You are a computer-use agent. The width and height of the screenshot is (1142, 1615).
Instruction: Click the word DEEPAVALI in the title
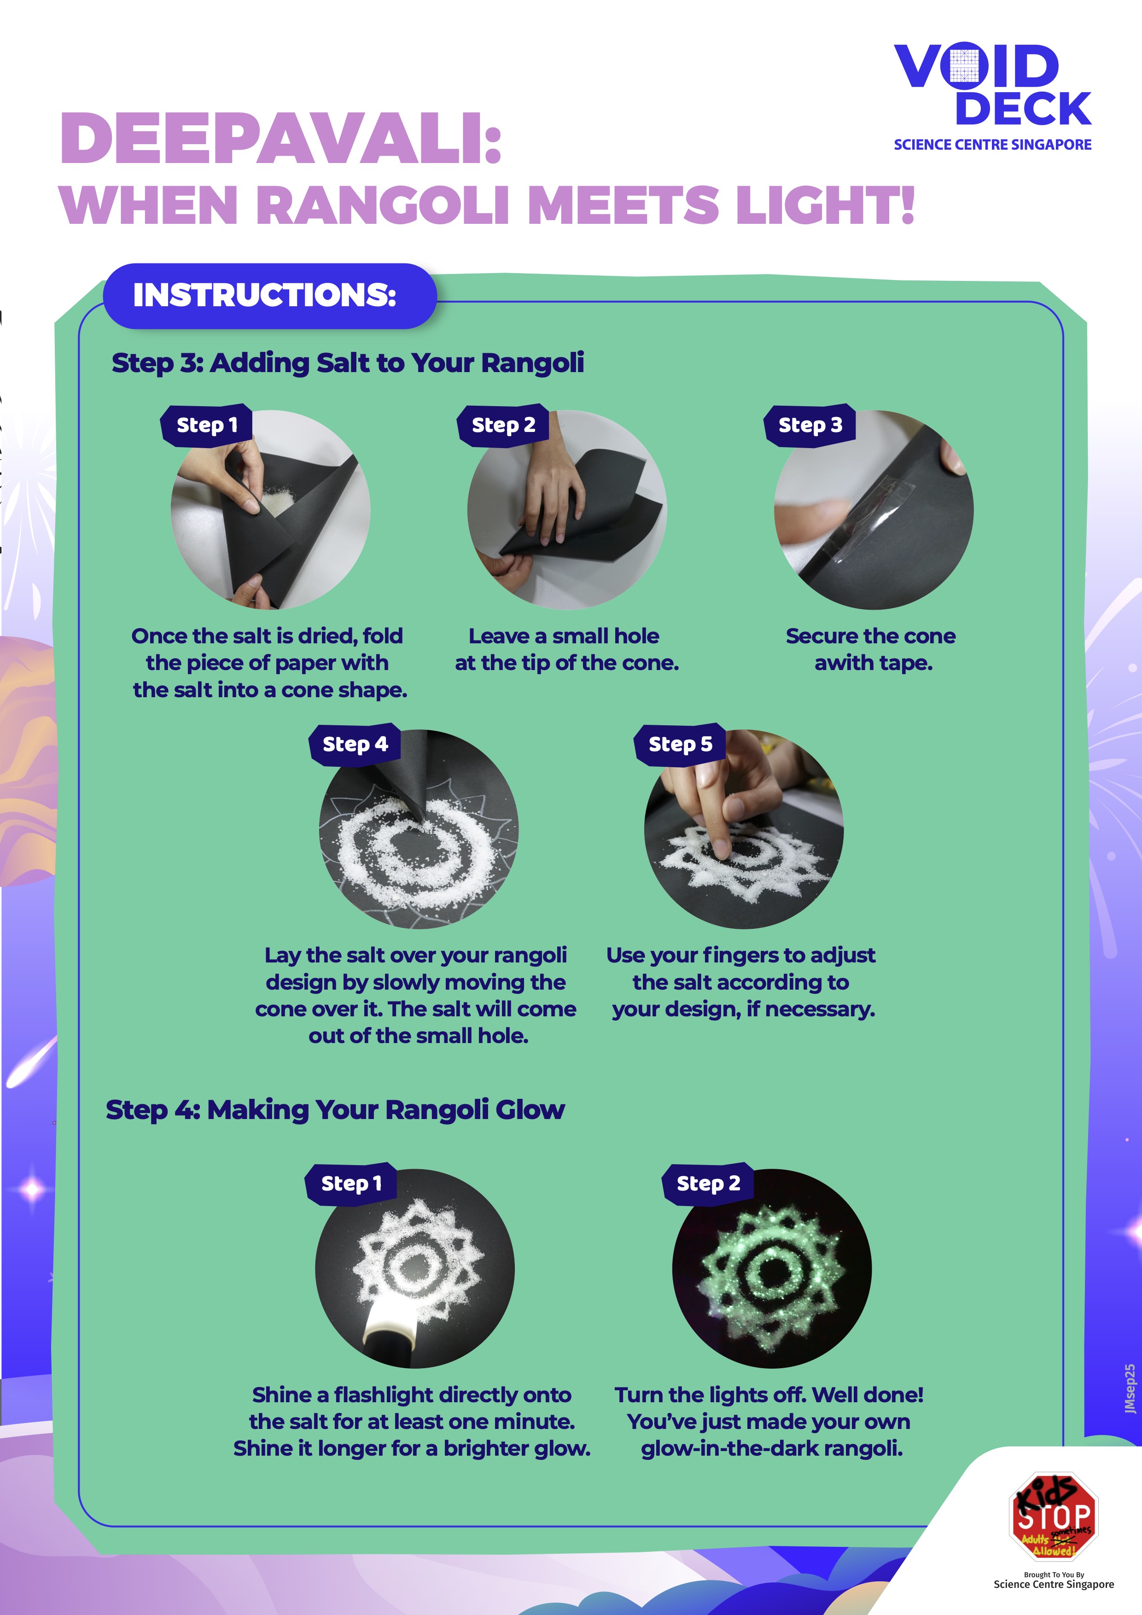[281, 139]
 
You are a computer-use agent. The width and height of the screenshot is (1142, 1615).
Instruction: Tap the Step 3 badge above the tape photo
[810, 425]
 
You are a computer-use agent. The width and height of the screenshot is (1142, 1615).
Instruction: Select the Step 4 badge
[355, 744]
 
